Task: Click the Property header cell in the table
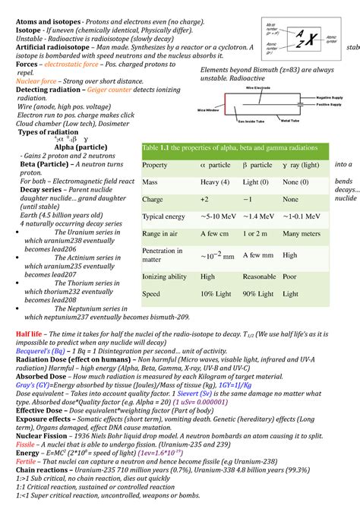point(155,165)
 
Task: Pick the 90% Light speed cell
point(259,293)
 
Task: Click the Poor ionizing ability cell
point(289,277)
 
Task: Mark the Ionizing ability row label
point(164,277)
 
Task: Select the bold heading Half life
point(23,334)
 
